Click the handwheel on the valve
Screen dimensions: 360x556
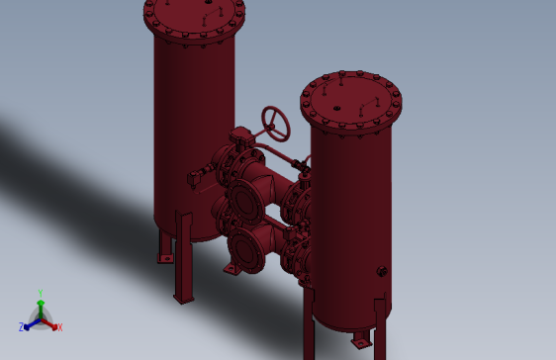(x=276, y=122)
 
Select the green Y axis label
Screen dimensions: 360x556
(x=41, y=293)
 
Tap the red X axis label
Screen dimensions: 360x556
(x=59, y=326)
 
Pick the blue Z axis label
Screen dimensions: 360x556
(x=22, y=326)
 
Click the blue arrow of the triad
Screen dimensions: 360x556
(x=31, y=322)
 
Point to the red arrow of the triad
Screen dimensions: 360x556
(x=51, y=322)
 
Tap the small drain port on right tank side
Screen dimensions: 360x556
(x=381, y=271)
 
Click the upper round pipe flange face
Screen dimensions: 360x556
(x=244, y=201)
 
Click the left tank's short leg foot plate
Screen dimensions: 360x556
(x=165, y=258)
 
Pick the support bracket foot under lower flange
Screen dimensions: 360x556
(x=232, y=268)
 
